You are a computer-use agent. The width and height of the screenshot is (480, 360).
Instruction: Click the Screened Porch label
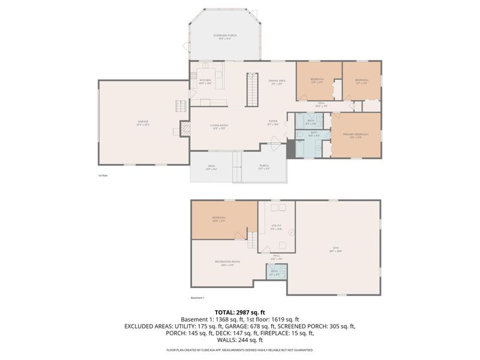tap(225, 37)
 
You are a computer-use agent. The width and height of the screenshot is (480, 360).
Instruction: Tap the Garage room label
tap(142, 122)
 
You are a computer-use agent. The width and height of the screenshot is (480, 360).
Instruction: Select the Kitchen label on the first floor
tap(205, 80)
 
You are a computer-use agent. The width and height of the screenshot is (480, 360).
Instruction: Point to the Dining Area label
tap(277, 81)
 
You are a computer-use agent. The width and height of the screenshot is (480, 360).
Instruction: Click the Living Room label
tap(219, 126)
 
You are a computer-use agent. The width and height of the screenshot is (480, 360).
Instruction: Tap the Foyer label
tap(273, 122)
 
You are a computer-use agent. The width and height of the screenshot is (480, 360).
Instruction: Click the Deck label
tap(211, 169)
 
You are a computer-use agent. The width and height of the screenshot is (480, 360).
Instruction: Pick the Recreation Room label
tap(223, 262)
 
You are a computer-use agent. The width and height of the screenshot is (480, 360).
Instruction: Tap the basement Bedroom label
tap(219, 218)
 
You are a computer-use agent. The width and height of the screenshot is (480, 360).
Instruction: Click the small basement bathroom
tap(275, 272)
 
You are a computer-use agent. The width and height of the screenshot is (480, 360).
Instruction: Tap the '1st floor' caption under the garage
tap(103, 176)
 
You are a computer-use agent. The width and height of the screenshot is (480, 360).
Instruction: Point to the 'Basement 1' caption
tap(197, 298)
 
